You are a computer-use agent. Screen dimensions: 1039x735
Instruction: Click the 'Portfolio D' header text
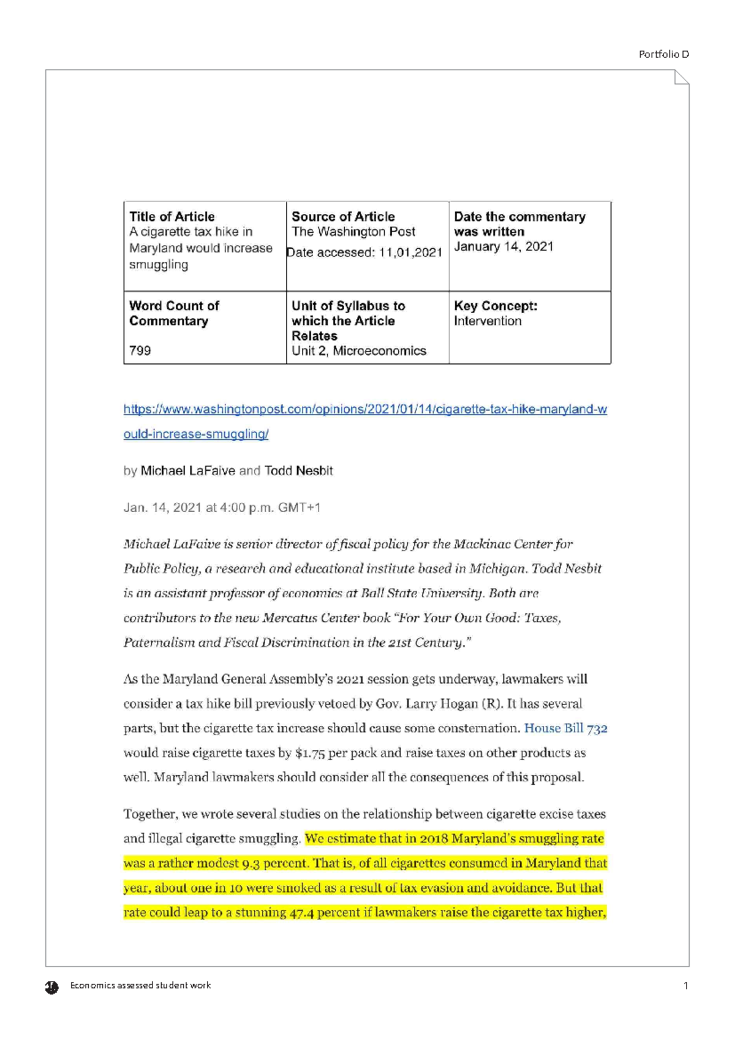click(663, 55)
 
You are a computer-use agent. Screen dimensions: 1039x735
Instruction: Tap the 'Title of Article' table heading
click(171, 217)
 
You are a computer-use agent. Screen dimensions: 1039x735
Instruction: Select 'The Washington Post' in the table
click(353, 232)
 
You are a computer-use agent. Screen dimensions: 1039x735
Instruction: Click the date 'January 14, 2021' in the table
click(503, 246)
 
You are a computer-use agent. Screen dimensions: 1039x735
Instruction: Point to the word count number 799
click(140, 350)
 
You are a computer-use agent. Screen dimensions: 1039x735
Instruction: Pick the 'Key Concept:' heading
click(496, 306)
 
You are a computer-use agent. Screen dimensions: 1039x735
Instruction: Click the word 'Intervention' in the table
click(488, 321)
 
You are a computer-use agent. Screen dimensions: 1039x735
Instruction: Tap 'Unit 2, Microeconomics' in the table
click(359, 351)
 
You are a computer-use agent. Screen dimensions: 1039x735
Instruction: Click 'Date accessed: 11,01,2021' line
click(364, 252)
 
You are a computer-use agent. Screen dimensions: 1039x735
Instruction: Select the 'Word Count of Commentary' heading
click(174, 313)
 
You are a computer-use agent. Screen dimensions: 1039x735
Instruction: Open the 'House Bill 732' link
click(565, 728)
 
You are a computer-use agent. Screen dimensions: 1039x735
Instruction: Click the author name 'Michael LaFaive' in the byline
click(187, 470)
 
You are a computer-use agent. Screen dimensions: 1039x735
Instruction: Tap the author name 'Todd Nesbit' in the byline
click(298, 470)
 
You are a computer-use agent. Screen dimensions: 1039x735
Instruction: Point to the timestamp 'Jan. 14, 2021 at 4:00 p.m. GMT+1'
click(222, 507)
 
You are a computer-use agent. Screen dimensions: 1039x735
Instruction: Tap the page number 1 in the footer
click(685, 986)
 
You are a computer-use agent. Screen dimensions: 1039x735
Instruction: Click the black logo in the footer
click(52, 987)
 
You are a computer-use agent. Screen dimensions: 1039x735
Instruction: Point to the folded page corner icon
click(681, 77)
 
